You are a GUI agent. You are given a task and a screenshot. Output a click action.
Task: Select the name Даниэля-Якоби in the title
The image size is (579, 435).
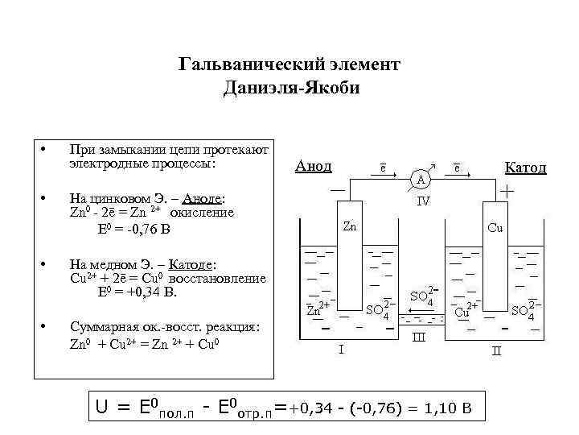pyautogui.click(x=290, y=86)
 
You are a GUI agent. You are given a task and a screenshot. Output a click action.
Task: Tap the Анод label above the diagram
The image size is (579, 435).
pyautogui.click(x=313, y=166)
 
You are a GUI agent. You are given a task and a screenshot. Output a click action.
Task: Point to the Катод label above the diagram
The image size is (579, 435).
pyautogui.click(x=524, y=168)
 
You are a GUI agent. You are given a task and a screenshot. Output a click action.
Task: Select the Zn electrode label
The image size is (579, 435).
pyautogui.click(x=349, y=226)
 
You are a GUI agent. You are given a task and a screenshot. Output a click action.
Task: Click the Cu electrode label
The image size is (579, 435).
pyautogui.click(x=495, y=227)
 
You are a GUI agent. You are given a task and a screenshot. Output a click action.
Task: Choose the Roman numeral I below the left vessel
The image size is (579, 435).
pyautogui.click(x=340, y=350)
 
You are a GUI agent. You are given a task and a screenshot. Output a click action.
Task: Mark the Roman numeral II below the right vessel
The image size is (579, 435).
pyautogui.click(x=496, y=350)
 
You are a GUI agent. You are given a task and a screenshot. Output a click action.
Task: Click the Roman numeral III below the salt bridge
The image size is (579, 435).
pyautogui.click(x=419, y=336)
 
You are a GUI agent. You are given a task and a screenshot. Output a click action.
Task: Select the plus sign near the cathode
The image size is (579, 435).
pyautogui.click(x=508, y=192)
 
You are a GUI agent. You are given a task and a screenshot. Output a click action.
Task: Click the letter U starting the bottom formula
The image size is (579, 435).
pyautogui.click(x=102, y=408)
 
